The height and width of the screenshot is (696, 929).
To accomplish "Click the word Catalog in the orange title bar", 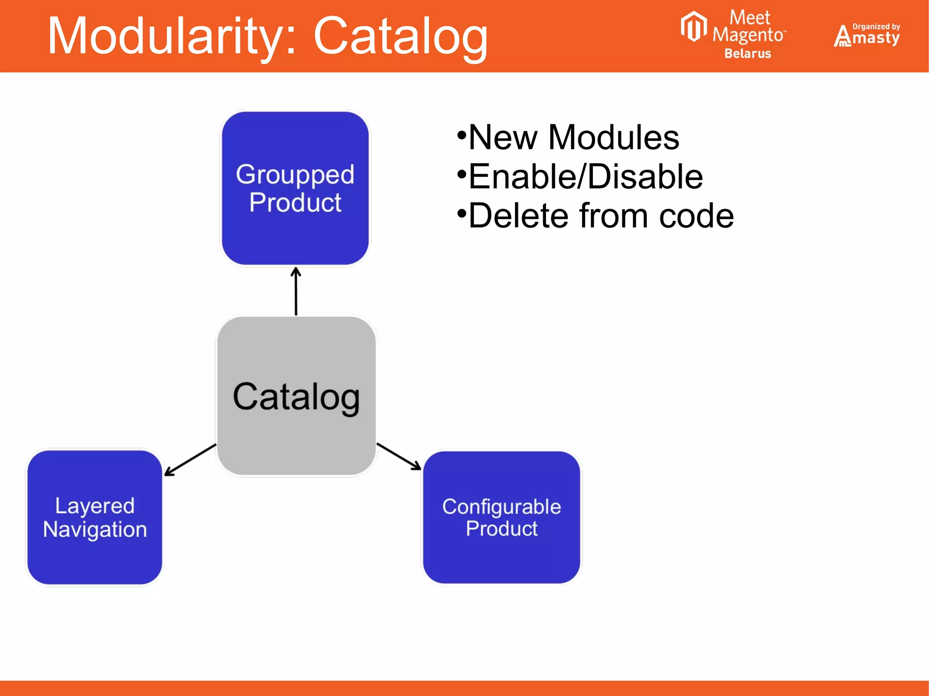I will pos(400,36).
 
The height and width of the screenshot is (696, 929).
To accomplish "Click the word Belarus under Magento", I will pos(748,54).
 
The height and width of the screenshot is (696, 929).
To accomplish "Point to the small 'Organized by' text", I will pos(876,26).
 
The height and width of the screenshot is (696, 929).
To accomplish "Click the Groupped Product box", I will pos(295,188).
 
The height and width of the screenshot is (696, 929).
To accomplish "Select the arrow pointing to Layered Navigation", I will pos(190,460).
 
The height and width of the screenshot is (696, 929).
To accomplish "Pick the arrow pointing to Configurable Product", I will pos(399,456).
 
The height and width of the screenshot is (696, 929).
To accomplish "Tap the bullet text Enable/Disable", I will pos(585,177).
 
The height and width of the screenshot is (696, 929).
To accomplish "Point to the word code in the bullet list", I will pos(696,216).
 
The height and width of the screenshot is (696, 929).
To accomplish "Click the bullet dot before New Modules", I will pos(462,135).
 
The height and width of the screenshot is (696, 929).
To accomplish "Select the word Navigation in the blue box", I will pos(95,529).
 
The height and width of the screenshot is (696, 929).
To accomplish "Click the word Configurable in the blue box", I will pos(502,506).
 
